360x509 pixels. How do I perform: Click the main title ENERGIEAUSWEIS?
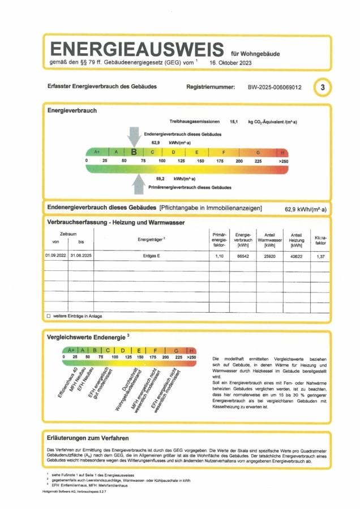[x=138, y=49]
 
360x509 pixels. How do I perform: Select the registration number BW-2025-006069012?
[x=275, y=88]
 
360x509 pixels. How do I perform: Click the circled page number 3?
[x=323, y=88]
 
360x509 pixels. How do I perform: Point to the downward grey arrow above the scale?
[x=134, y=136]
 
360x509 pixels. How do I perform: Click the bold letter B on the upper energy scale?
[x=134, y=152]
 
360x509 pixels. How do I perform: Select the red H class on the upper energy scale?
[x=282, y=153]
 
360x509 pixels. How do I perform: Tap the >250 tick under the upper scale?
[x=283, y=161]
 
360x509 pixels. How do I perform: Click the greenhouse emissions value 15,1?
[x=233, y=122]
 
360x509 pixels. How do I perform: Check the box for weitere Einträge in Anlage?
[x=49, y=316]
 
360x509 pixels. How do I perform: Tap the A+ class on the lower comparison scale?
[x=71, y=351]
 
